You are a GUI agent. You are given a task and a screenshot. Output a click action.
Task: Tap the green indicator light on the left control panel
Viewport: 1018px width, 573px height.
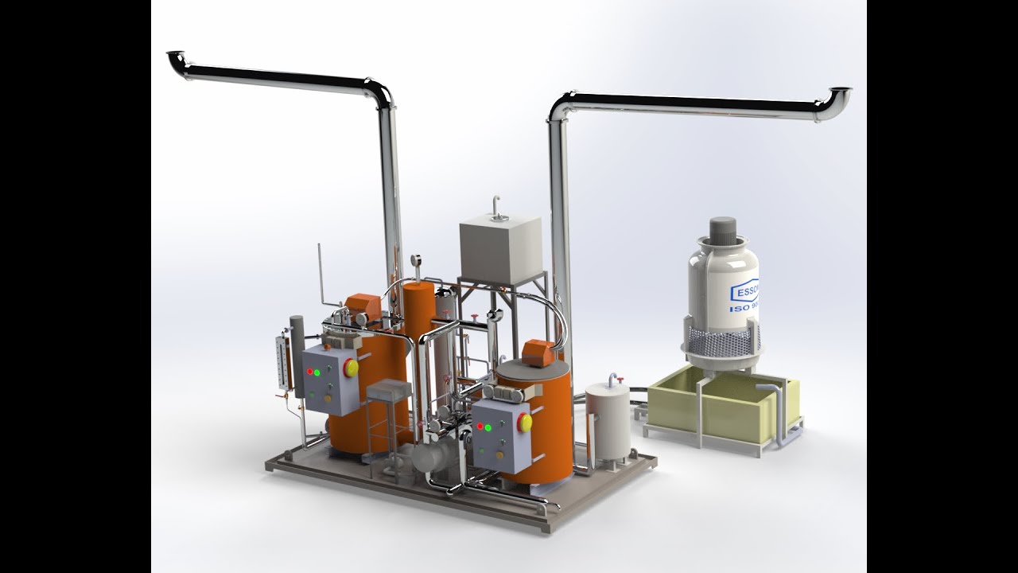point(318,371)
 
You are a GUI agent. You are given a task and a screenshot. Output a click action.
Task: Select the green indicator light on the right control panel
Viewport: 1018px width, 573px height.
point(492,427)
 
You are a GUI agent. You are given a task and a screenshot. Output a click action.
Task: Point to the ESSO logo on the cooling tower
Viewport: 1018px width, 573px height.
point(746,287)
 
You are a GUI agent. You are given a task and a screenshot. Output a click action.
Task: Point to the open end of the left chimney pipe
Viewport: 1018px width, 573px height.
point(174,57)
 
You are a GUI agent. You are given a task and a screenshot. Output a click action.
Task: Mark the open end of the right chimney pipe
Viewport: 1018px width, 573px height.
point(841,92)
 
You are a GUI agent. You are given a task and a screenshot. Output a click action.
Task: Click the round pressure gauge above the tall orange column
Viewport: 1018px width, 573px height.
point(416,259)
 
